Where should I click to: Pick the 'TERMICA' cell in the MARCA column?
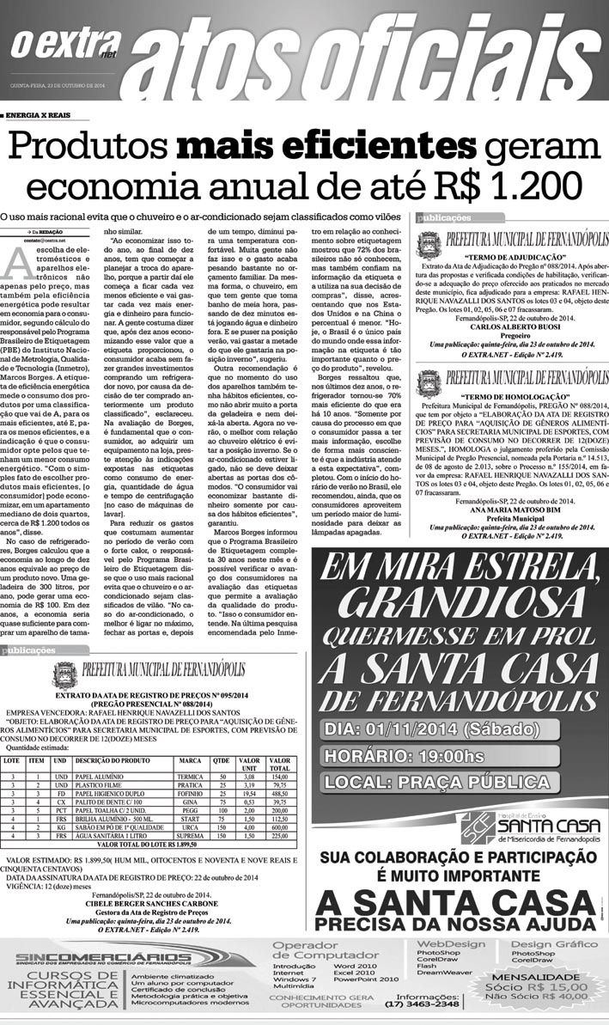tap(189, 777)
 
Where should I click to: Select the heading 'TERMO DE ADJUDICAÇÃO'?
tap(514, 257)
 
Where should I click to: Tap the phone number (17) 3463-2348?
tap(423, 1004)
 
